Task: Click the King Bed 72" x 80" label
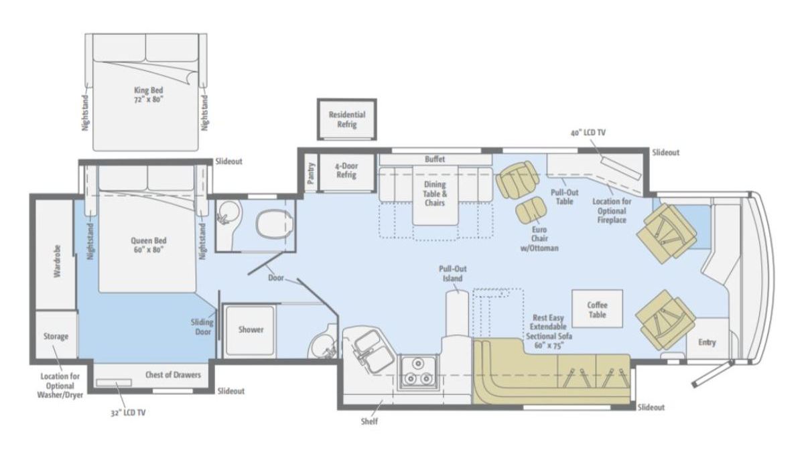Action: (x=148, y=94)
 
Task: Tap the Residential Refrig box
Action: (x=347, y=119)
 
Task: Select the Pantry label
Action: (x=311, y=173)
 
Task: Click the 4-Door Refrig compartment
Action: (x=346, y=173)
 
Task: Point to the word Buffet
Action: (x=435, y=159)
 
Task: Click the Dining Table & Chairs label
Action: (x=435, y=194)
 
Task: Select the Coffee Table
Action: (x=597, y=309)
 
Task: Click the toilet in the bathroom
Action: (x=274, y=224)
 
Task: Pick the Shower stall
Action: (x=250, y=330)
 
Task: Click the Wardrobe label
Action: (x=58, y=261)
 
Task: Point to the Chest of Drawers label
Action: (x=173, y=375)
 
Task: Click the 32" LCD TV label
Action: (x=128, y=413)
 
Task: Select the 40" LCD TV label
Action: (x=588, y=133)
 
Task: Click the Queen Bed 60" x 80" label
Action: (x=148, y=245)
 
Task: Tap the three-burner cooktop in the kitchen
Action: (x=418, y=372)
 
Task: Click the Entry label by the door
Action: (x=707, y=342)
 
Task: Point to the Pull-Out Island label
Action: (x=453, y=274)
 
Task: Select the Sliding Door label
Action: (x=203, y=327)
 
